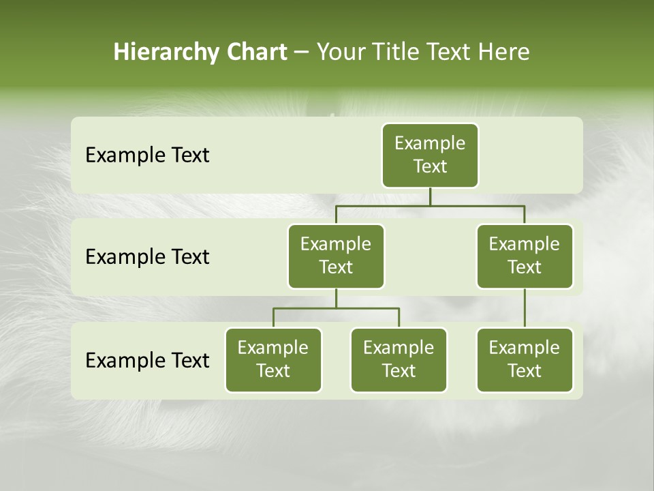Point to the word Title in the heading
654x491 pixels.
click(x=400, y=52)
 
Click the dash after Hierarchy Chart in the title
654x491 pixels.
click(x=302, y=53)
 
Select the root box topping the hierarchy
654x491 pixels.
click(x=430, y=155)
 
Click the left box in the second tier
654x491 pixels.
click(x=336, y=256)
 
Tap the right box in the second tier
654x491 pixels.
click(x=525, y=256)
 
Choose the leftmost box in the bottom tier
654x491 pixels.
click(x=273, y=359)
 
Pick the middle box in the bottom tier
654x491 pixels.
click(x=399, y=359)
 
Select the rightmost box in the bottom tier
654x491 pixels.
click(x=525, y=359)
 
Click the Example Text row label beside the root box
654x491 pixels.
click(x=147, y=155)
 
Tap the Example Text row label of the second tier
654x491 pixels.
click(x=147, y=257)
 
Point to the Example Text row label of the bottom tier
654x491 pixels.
click(x=147, y=360)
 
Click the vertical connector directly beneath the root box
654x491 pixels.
click(x=430, y=196)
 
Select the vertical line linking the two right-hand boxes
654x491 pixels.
click(x=525, y=308)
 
